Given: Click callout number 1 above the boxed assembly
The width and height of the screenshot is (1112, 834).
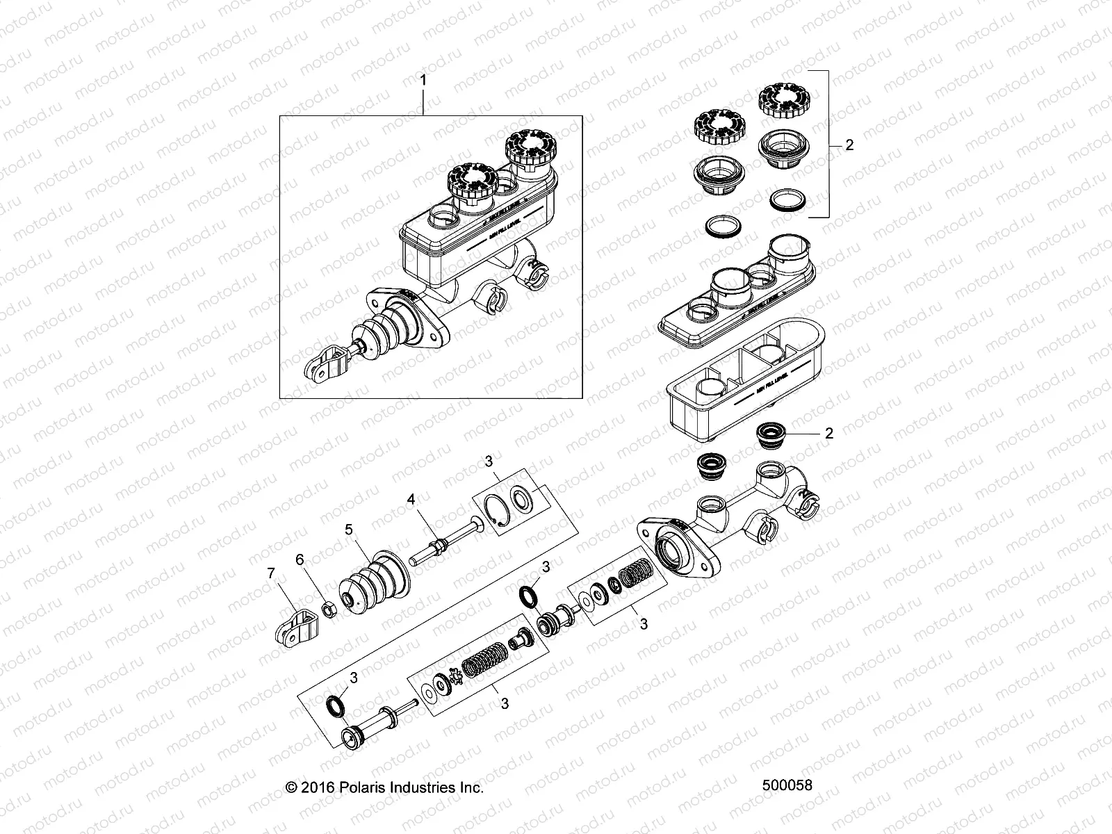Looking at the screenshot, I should [423, 81].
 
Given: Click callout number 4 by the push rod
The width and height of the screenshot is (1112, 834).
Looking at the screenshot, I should [411, 499].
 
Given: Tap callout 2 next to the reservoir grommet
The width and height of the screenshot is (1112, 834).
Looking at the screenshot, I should [828, 433].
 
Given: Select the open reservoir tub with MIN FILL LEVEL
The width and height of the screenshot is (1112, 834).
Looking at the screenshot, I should [744, 389].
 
